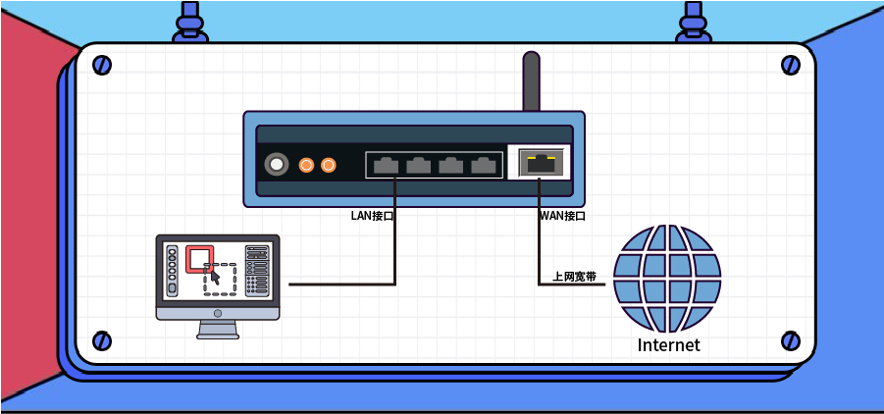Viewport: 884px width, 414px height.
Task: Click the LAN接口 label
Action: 372,216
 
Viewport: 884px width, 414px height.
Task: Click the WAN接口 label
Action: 562,216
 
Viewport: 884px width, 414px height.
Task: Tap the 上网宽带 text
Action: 575,277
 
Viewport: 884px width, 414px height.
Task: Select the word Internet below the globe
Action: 668,344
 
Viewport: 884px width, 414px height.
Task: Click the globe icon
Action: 667,279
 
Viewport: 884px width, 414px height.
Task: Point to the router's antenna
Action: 531,81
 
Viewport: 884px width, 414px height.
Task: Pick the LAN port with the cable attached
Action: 386,166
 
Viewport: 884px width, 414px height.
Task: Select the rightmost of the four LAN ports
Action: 483,166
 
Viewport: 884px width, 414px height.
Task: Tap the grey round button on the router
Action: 277,165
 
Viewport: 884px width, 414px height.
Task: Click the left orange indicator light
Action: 306,165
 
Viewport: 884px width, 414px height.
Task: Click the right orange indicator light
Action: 328,165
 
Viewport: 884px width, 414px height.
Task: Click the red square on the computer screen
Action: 199,258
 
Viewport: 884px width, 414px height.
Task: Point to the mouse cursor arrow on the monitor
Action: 215,278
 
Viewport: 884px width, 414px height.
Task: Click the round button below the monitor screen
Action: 218,313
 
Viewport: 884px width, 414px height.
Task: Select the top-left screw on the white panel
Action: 102,65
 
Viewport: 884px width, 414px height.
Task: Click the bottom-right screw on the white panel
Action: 791,340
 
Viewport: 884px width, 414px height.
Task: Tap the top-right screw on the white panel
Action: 791,65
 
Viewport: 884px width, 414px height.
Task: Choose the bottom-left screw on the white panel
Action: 102,340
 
